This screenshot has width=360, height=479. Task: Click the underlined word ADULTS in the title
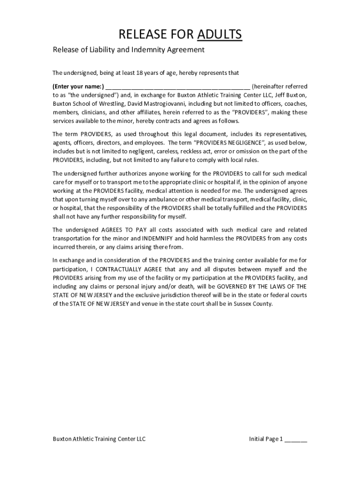pyautogui.click(x=220, y=34)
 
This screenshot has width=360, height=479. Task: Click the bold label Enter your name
pyautogui.click(x=78, y=87)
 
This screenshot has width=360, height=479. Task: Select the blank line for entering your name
pyautogui.click(x=178, y=87)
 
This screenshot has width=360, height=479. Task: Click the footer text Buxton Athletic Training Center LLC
pyautogui.click(x=99, y=439)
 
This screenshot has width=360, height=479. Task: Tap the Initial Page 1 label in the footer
pyautogui.click(x=266, y=439)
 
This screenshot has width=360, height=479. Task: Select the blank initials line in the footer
pyautogui.click(x=296, y=439)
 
